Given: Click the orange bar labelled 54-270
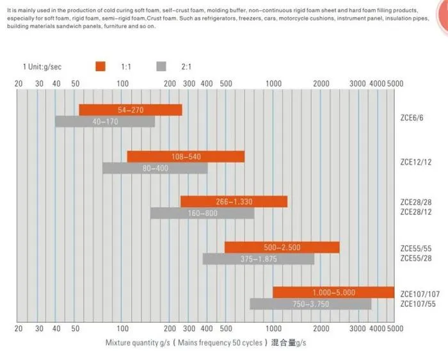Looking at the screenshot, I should [131, 110].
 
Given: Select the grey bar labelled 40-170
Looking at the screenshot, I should [104, 121].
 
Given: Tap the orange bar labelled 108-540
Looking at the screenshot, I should [186, 156].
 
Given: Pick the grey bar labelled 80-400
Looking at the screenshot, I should [155, 168].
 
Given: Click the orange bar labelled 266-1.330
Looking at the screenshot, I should [234, 202].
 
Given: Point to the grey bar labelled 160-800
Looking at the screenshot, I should [202, 213].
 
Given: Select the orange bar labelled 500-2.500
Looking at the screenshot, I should [282, 247].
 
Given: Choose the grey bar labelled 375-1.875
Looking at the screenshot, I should [259, 259].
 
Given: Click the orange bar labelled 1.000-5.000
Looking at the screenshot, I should [333, 293].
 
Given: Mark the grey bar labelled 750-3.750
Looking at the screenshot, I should [310, 304].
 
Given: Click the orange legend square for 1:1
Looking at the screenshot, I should [100, 65].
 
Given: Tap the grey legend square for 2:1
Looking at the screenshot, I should [161, 65].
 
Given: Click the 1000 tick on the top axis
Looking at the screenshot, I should [273, 84].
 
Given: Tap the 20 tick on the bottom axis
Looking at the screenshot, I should [18, 329].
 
